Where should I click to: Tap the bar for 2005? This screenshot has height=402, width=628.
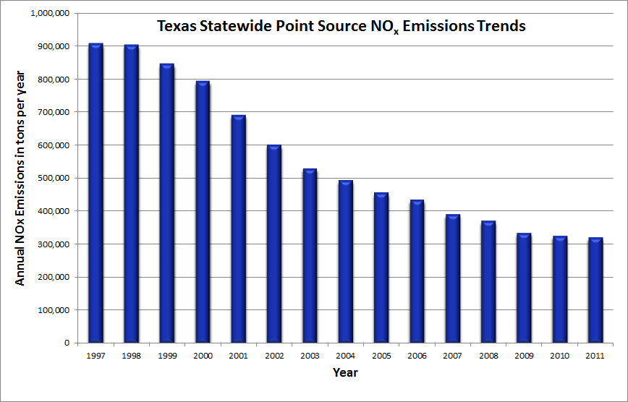[x=381, y=267]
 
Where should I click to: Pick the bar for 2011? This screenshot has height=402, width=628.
[x=595, y=290]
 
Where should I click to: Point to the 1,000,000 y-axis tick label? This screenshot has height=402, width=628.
[x=49, y=13]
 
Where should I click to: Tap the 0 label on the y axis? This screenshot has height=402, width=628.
[x=66, y=343]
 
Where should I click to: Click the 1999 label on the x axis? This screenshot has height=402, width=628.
[x=167, y=355]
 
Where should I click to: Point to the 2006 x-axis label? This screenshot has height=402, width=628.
[x=416, y=355]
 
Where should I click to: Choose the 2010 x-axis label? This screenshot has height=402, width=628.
[x=559, y=355]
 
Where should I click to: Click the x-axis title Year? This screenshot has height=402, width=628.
[x=345, y=373]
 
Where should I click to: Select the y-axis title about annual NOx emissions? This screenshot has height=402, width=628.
[x=21, y=178]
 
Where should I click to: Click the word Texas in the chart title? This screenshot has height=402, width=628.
[x=177, y=27]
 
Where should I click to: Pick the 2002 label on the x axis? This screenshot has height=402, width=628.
[x=274, y=355]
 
